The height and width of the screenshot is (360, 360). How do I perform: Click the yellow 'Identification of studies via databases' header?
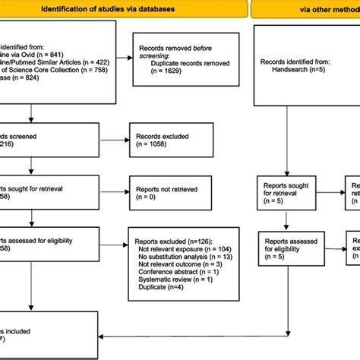(122, 9)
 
